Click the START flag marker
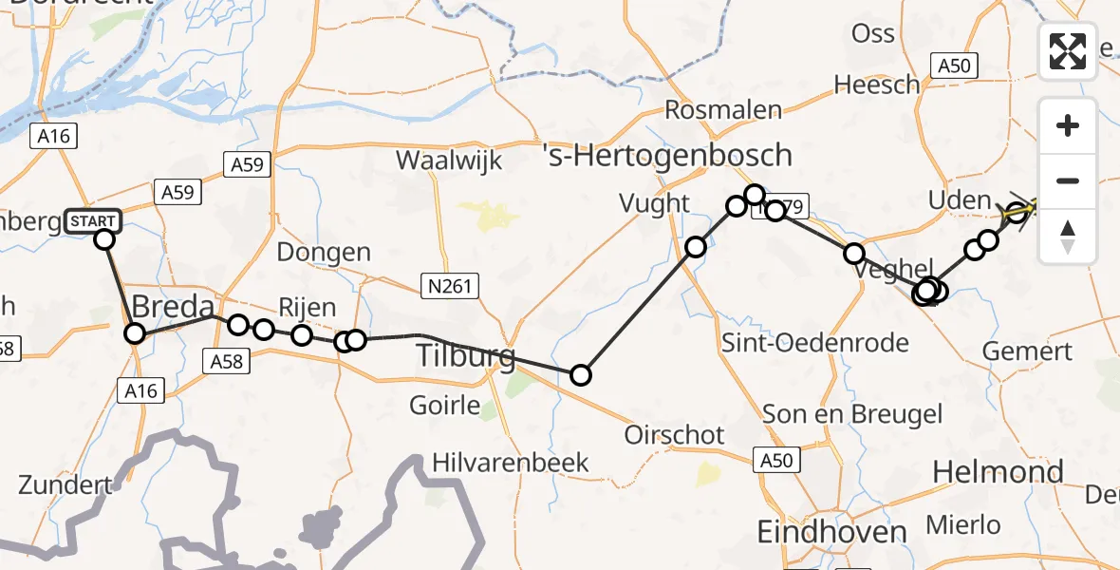pyautogui.click(x=93, y=221)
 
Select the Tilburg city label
pyautogui.click(x=466, y=357)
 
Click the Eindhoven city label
pyautogui.click(x=832, y=532)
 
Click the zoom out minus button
pyautogui.click(x=1068, y=180)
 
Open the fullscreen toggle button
pyautogui.click(x=1068, y=50)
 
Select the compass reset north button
pyautogui.click(x=1068, y=236)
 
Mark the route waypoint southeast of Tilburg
pyautogui.click(x=580, y=375)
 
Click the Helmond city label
pyautogui.click(x=998, y=472)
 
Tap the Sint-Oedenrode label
pyautogui.click(x=815, y=342)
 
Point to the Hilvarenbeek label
pyautogui.click(x=511, y=463)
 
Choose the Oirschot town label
pyautogui.click(x=674, y=435)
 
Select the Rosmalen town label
pyautogui.click(x=723, y=109)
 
